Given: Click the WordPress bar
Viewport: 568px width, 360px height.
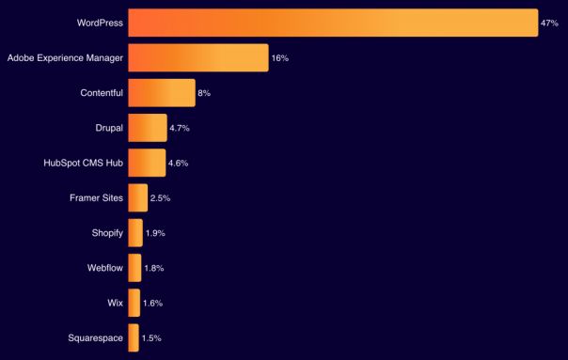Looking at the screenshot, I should [x=333, y=23].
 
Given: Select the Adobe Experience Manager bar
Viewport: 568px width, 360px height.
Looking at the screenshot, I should [x=197, y=57].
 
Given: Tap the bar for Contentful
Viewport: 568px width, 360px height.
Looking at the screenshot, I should [x=161, y=92].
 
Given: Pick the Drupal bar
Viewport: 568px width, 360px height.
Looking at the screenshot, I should [x=147, y=127].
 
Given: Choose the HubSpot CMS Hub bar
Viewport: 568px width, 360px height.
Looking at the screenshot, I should [x=147, y=163].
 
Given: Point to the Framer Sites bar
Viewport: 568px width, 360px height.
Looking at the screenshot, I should [x=137, y=197].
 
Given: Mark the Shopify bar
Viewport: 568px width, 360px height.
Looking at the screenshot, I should [x=135, y=232].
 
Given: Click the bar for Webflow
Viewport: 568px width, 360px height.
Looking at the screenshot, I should [x=134, y=268].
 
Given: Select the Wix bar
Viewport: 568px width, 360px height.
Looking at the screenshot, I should [x=134, y=303].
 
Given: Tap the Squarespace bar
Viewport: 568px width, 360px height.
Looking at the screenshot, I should [x=134, y=337].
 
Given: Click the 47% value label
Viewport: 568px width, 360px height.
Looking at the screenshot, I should [x=550, y=23].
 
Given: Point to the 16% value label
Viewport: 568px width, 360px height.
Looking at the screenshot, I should [x=279, y=58].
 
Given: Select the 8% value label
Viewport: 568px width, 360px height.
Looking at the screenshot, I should [x=204, y=93].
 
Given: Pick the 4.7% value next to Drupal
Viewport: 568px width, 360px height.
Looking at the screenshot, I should [x=180, y=128].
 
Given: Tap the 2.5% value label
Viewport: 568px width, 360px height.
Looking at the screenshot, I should [x=160, y=198].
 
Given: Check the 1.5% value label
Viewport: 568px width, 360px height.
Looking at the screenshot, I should [x=151, y=338].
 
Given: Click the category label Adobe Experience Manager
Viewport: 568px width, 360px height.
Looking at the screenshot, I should [x=65, y=57].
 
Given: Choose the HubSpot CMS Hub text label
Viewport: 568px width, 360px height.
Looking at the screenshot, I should [x=83, y=163].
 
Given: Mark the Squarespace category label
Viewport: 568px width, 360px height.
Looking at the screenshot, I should [x=95, y=337].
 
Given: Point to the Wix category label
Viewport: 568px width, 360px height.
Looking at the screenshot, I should [x=115, y=303].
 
